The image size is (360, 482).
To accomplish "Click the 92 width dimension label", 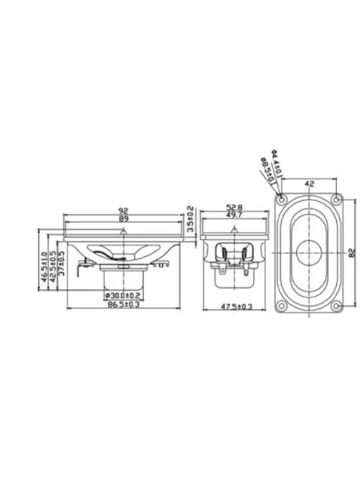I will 124,211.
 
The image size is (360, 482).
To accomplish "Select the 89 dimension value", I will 124,219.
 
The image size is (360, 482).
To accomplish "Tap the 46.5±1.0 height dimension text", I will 44,266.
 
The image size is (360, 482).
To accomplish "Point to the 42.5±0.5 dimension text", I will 52,266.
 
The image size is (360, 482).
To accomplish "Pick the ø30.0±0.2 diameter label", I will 123,295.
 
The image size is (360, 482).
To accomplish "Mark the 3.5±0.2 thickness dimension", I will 190,219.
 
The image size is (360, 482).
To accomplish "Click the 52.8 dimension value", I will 233,208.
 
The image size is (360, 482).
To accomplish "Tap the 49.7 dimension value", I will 233,216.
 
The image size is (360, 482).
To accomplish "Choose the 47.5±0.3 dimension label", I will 237,307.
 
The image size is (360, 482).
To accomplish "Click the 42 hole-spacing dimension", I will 309,184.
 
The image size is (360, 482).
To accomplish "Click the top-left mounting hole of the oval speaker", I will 282,199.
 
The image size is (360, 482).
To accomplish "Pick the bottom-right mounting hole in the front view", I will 337,306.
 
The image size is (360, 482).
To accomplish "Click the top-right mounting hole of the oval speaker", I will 337,199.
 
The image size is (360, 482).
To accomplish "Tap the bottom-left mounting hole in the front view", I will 282,306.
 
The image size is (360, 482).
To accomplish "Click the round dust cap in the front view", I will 309,252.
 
